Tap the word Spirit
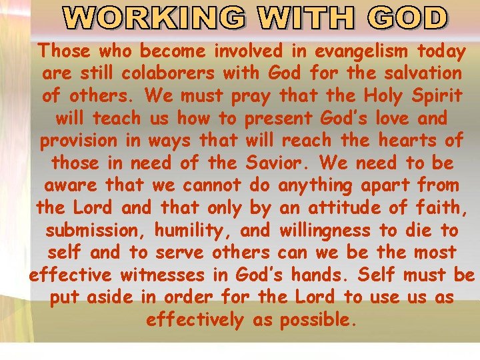[435, 95]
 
